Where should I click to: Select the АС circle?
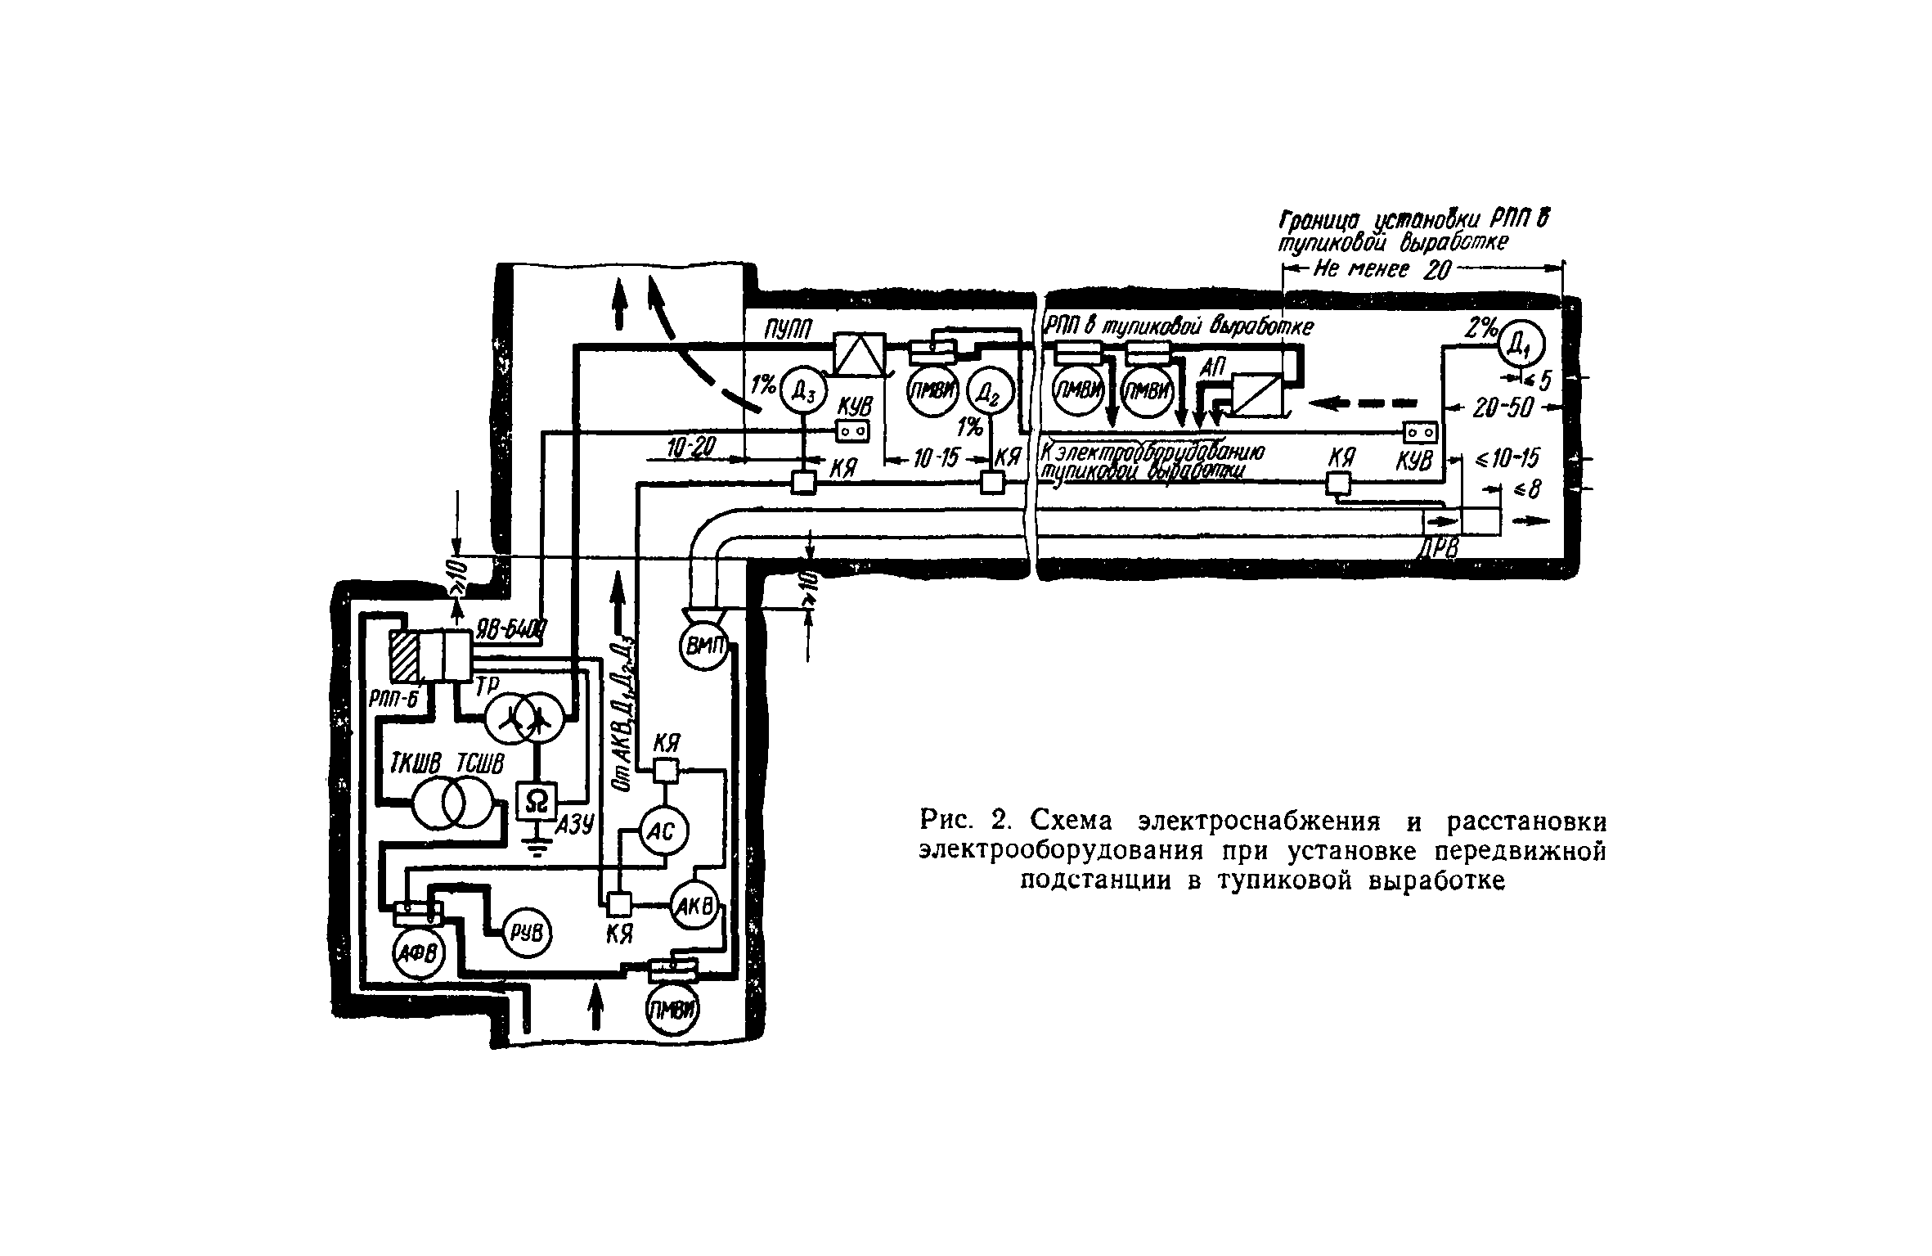point(663,832)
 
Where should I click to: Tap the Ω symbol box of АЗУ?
point(537,801)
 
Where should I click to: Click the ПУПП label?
point(787,329)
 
